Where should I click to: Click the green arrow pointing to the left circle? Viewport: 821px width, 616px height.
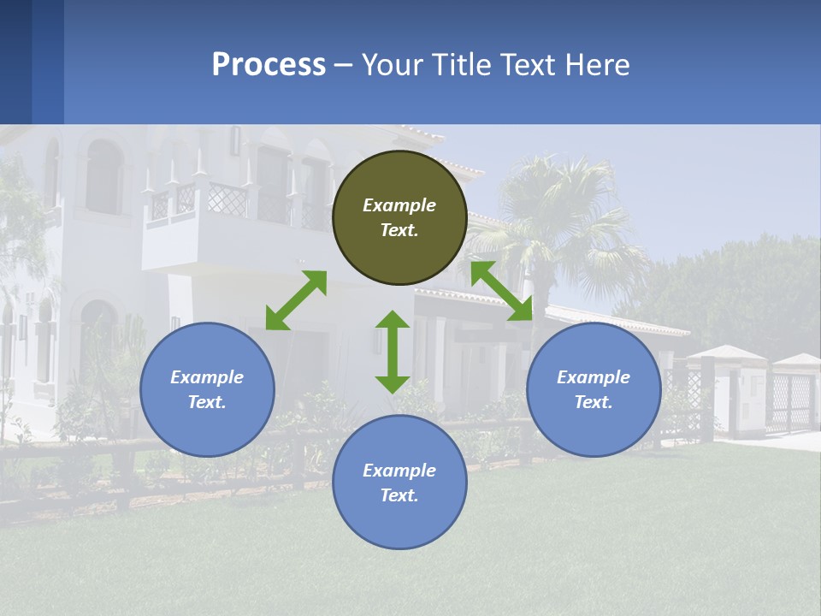[296, 300]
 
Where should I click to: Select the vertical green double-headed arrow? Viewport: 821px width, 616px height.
[393, 352]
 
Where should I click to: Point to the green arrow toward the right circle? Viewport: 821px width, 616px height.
[502, 291]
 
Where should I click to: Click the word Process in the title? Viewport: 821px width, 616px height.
[269, 65]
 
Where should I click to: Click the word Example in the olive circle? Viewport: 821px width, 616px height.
[399, 205]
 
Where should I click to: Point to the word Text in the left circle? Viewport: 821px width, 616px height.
[207, 402]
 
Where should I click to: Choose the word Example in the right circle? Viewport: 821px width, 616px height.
[594, 377]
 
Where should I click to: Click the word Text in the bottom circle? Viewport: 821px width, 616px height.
[399, 495]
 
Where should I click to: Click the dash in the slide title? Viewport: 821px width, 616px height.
[343, 65]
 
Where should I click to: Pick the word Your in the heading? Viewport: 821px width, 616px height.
[394, 65]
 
